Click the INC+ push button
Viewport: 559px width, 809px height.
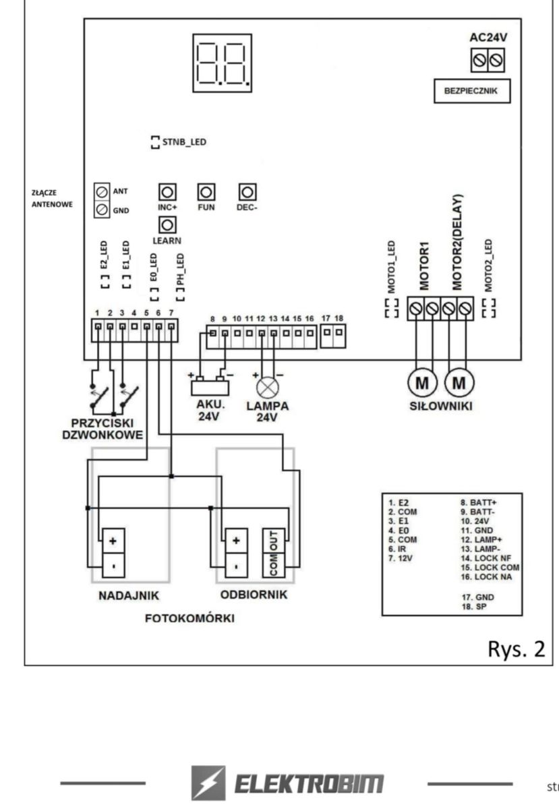coord(167,192)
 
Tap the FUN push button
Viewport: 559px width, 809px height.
coord(206,192)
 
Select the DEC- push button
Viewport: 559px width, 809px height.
coord(247,192)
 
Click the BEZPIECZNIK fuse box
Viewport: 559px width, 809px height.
coord(472,90)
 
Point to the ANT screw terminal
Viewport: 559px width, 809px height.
coord(102,191)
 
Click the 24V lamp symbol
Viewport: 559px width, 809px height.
coord(268,388)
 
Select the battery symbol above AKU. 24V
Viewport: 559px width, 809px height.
coord(210,386)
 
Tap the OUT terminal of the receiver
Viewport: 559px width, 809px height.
coord(274,541)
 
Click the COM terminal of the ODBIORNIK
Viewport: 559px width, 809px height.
coord(274,565)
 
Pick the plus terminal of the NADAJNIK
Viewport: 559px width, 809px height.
coord(113,541)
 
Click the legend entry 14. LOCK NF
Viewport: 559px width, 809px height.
coord(486,558)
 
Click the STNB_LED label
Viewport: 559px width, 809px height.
coord(184,142)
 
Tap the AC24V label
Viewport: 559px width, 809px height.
coord(488,37)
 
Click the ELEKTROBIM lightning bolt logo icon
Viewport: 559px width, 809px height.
coord(208,783)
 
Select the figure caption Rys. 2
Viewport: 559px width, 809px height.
coord(517,649)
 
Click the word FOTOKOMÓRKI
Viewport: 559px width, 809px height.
coord(189,618)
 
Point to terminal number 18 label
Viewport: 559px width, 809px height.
coord(339,318)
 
